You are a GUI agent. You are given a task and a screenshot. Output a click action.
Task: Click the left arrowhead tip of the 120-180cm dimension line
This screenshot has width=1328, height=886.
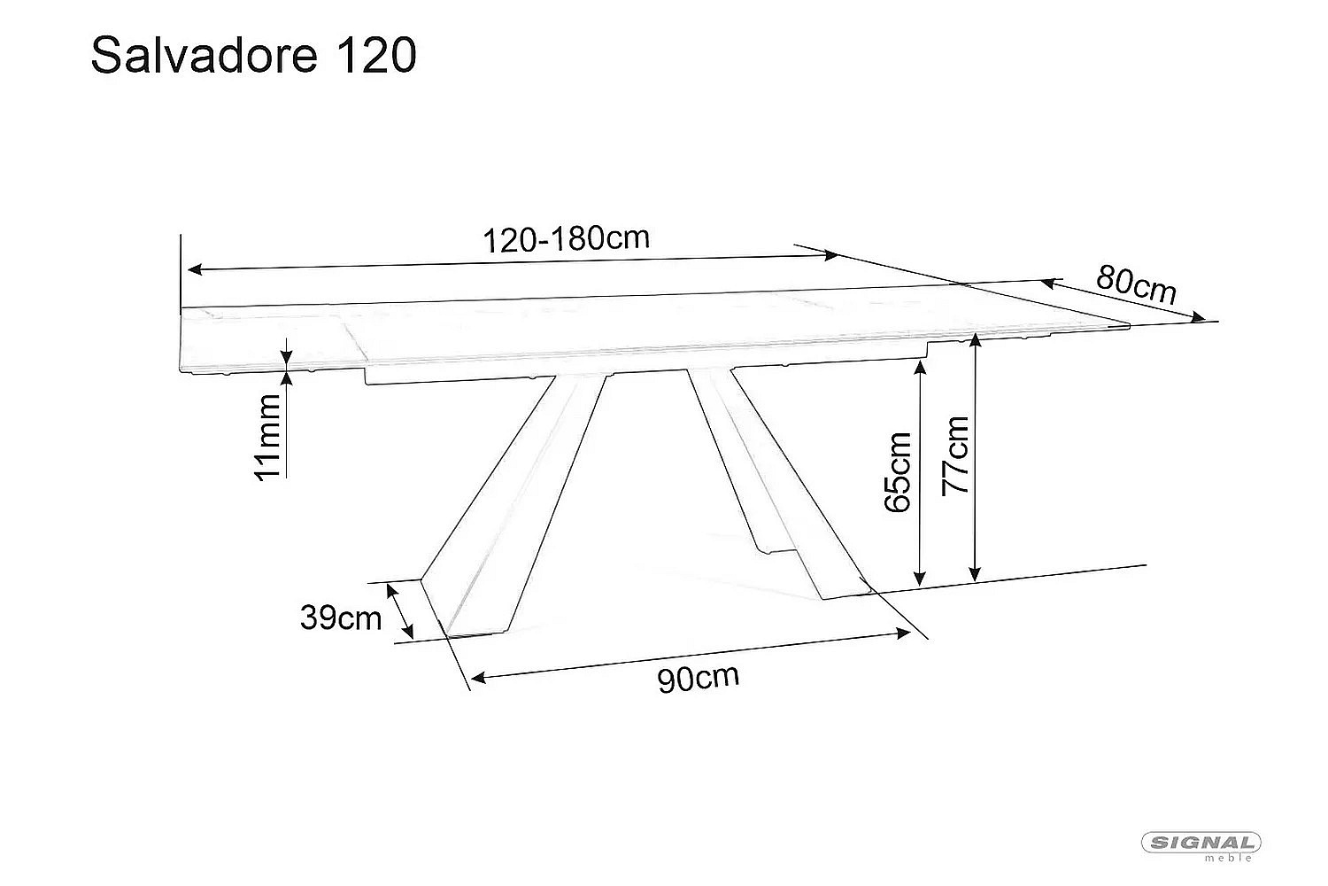coord(188,269)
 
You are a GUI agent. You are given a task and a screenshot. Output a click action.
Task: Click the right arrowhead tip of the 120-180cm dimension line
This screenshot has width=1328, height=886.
coord(838,256)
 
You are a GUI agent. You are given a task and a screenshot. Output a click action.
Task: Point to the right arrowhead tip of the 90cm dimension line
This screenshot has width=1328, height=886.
coord(911,633)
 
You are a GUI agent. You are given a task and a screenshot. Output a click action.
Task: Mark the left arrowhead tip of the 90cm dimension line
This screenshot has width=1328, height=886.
coord(470,678)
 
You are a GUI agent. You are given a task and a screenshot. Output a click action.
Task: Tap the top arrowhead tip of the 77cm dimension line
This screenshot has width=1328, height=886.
coord(975,334)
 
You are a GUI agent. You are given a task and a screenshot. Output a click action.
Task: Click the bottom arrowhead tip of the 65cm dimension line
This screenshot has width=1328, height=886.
coord(920,587)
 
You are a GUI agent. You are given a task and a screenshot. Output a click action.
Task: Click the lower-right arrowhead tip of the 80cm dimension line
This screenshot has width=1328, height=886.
coord(1206,321)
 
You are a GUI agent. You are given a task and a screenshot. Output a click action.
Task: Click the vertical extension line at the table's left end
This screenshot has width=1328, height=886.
coord(181,275)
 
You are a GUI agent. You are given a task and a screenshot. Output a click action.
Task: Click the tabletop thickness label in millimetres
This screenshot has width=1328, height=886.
coord(268,438)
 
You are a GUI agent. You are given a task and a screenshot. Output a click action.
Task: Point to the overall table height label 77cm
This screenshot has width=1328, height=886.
coord(955,455)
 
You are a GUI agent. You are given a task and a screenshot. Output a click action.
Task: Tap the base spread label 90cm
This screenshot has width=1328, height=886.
coord(699,678)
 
